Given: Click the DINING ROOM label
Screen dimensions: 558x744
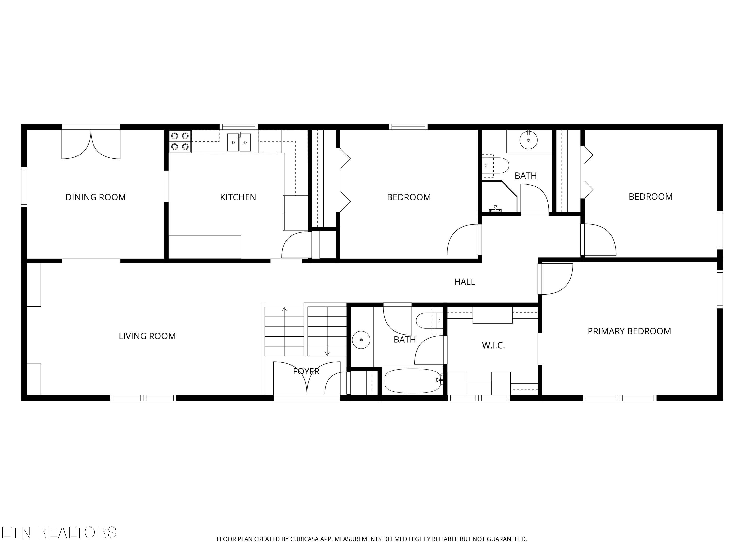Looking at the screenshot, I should coord(95,197).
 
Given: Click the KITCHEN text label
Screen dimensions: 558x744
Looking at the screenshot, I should coord(238,197).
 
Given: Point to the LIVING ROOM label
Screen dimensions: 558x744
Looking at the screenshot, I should coord(147,336).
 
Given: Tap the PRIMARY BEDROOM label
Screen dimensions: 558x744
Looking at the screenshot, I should coord(629,331).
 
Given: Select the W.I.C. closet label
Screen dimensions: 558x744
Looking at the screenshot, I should coord(494,346).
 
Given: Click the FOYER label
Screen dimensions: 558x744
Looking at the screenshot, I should coord(306,371).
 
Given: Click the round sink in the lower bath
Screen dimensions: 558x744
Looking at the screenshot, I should coord(361,340).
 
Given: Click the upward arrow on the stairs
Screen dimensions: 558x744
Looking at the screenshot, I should coord(284,310).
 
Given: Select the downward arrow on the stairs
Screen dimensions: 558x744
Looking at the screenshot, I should coord(327,353).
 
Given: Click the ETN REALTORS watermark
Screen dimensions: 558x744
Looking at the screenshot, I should coord(59,532).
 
